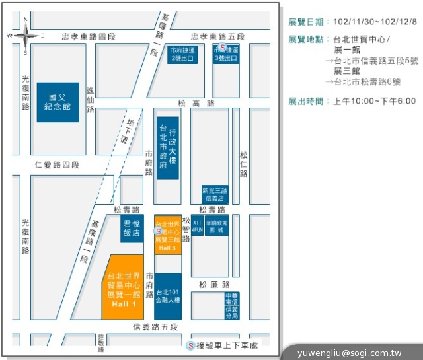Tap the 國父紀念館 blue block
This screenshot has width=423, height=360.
(58, 102)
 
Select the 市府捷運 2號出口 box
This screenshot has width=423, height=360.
(182, 54)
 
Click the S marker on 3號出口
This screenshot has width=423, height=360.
(223, 48)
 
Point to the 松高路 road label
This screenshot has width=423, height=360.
(196, 103)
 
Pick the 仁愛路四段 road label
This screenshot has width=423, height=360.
(57, 164)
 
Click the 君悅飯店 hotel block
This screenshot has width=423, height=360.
(132, 229)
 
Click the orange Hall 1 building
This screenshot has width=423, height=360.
(124, 285)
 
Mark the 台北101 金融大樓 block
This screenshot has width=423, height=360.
(168, 295)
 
